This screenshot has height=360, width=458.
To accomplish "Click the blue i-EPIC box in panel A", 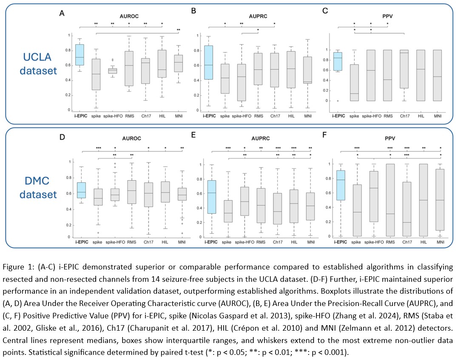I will click(80, 54).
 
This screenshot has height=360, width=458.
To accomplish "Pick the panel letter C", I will click(325, 12).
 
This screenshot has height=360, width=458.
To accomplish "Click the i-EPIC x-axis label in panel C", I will click(338, 115).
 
